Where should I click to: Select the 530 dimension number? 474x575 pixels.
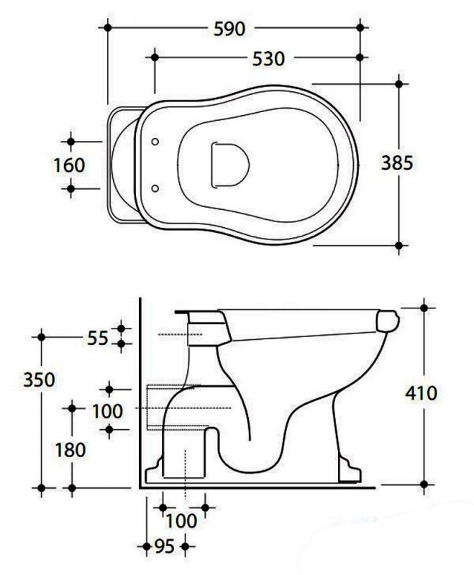click(268, 59)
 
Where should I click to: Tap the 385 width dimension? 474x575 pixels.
click(397, 163)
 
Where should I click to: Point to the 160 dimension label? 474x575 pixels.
click(69, 165)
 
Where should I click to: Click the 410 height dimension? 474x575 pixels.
click(421, 393)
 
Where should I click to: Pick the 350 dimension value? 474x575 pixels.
click(40, 379)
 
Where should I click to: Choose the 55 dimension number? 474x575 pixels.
click(98, 338)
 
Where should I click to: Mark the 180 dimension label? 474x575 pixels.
click(70, 450)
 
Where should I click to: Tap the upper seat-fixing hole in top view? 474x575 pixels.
click(155, 142)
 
